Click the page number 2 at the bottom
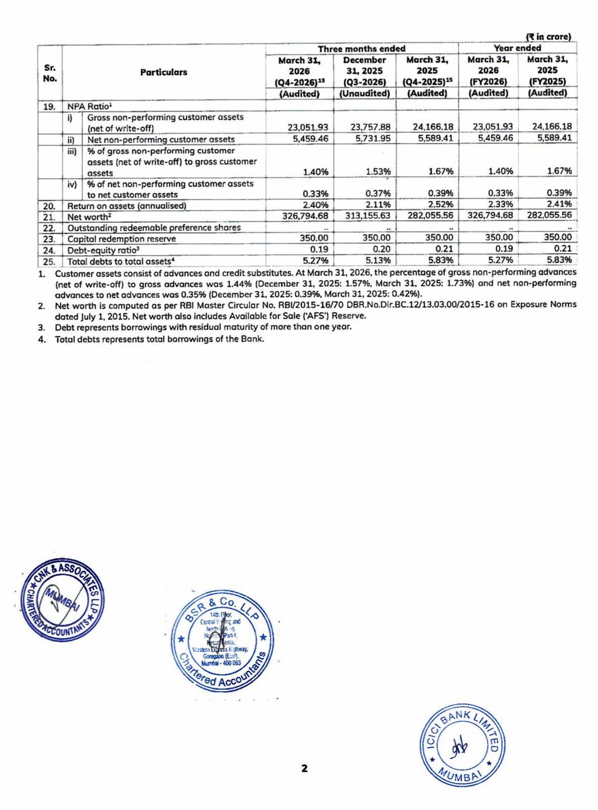[x=304, y=768]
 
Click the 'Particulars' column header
[x=164, y=72]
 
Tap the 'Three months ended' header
[x=362, y=49]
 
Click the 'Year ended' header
[x=516, y=49]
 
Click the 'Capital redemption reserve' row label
[x=122, y=239]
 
